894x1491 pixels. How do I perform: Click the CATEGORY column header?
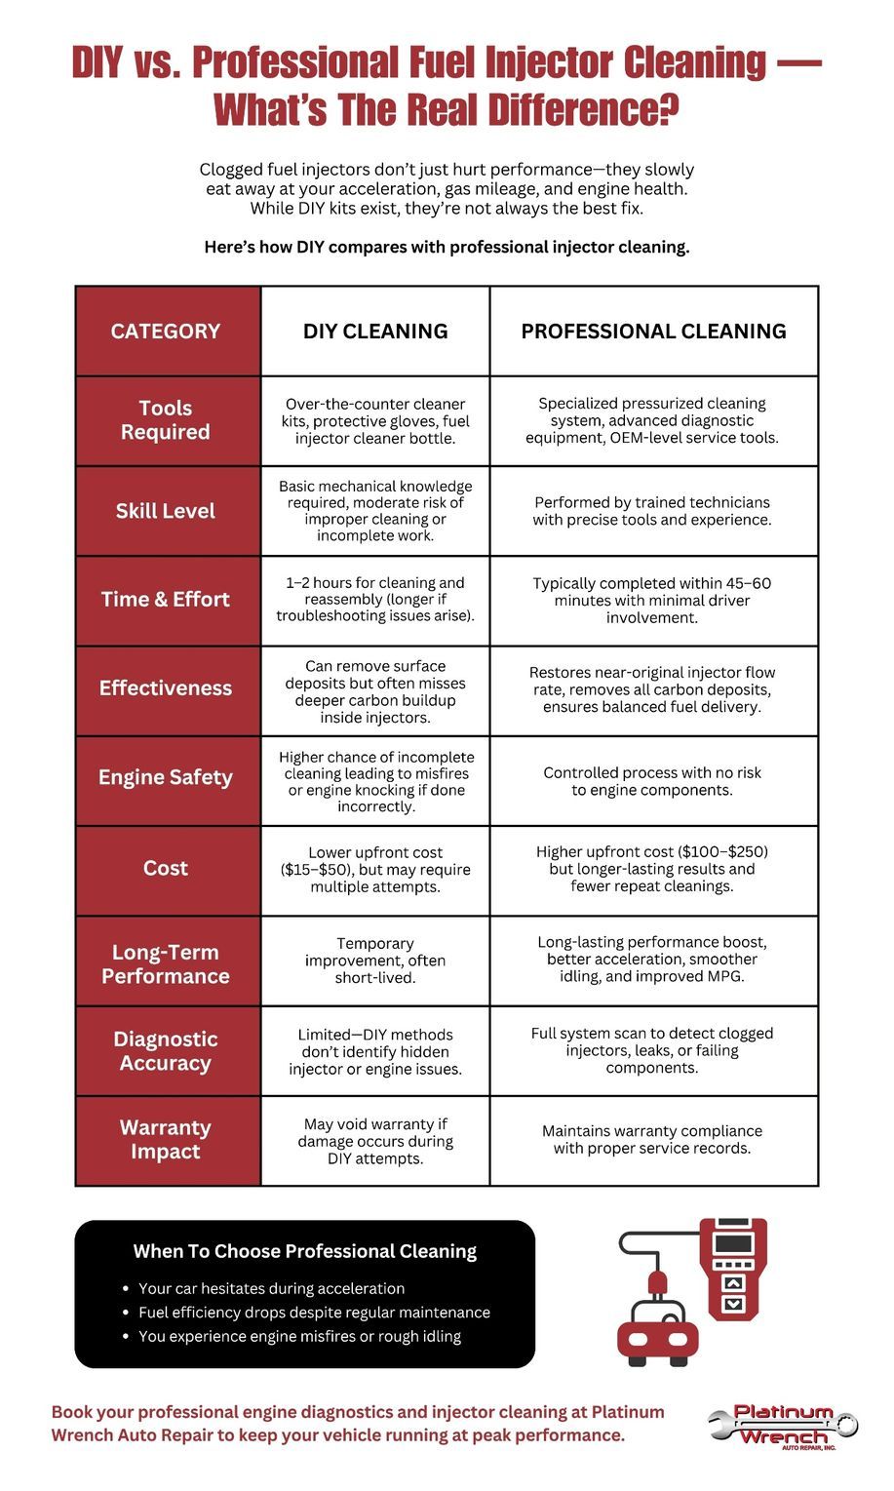[166, 332]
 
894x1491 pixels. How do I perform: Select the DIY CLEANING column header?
[375, 332]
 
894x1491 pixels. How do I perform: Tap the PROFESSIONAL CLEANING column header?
[653, 332]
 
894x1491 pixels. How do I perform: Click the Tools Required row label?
[166, 420]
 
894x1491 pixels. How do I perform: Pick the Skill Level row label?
[166, 511]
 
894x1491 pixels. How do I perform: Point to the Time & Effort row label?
[166, 600]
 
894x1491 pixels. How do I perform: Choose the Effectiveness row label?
[166, 688]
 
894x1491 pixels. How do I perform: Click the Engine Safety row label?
[166, 778]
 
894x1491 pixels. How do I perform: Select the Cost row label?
[166, 868]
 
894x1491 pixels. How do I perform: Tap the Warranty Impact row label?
[166, 1139]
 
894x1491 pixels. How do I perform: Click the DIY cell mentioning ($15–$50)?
[375, 870]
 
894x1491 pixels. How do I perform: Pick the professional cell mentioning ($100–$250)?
[652, 869]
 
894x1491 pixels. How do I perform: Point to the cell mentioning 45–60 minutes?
[652, 600]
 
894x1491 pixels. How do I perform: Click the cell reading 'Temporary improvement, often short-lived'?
[375, 961]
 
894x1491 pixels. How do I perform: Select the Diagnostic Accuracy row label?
[166, 1051]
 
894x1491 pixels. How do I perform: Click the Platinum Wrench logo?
[783, 1427]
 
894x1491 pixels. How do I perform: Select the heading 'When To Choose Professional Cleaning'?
[305, 1251]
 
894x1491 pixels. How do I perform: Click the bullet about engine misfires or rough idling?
[299, 1337]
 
